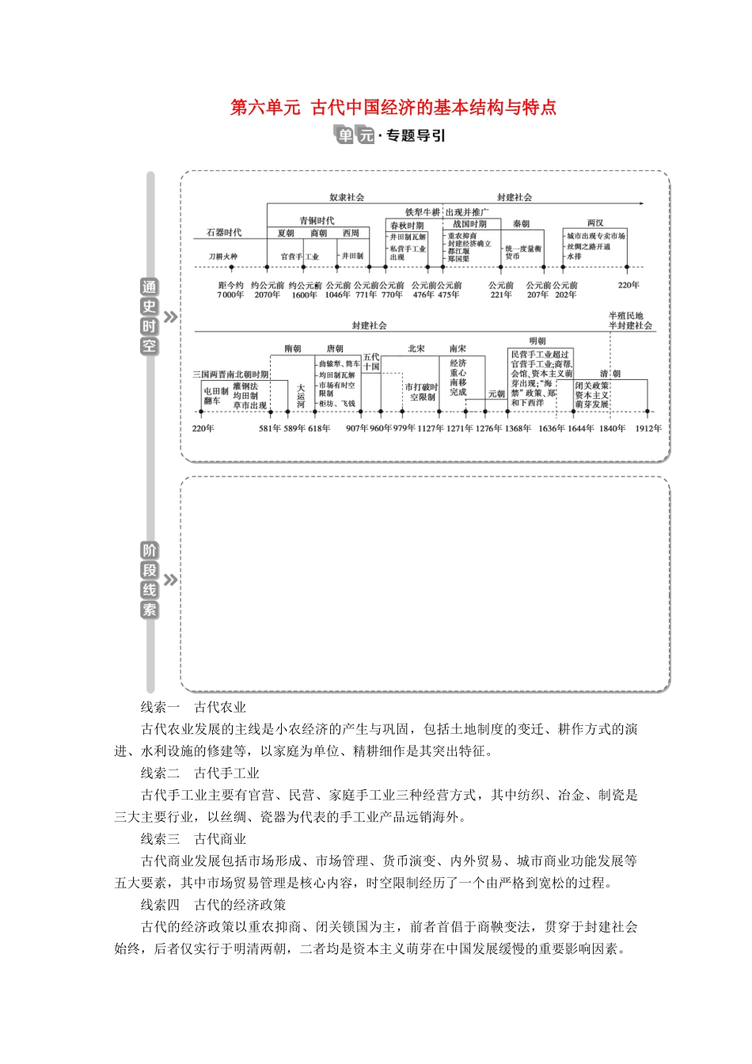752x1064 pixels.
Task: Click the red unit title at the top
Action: coord(393,108)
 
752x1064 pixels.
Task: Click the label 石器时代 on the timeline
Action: coord(224,233)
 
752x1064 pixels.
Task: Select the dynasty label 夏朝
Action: coord(286,234)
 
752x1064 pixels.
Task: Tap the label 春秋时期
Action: coord(407,226)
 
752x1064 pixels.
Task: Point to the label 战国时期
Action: coord(469,225)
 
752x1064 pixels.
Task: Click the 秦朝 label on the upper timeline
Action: coord(521,225)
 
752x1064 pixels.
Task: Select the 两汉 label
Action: coord(595,224)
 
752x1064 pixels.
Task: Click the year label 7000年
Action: coord(230,295)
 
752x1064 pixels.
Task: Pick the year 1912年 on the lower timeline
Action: coord(648,429)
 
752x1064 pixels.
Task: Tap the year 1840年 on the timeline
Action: coord(612,429)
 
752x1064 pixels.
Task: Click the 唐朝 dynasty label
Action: coord(335,349)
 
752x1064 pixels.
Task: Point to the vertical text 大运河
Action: coord(301,396)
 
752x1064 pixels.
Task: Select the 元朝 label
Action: coord(496,394)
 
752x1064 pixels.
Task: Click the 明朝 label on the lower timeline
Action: coord(537,342)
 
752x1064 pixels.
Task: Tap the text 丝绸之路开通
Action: coord(589,247)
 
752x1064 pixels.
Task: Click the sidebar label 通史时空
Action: coord(149,317)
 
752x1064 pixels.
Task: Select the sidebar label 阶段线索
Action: coord(149,580)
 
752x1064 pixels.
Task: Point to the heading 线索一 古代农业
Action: coord(193,708)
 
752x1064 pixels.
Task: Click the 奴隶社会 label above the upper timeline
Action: coord(347,198)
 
